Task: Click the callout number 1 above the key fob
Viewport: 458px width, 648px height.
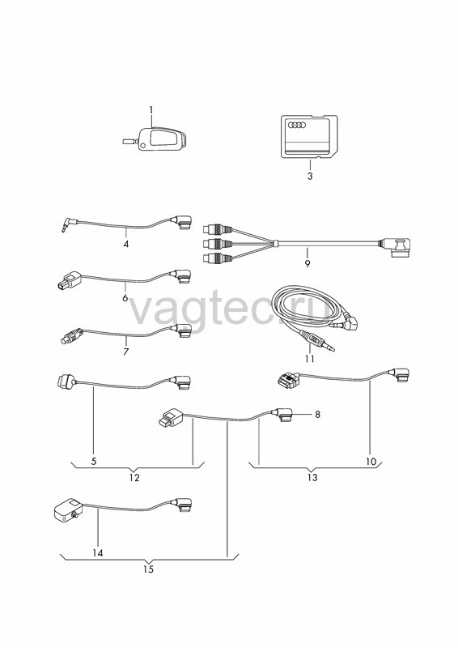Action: [x=151, y=110]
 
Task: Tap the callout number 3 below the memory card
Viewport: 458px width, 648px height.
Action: [x=310, y=176]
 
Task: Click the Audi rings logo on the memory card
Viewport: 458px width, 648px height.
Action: [x=296, y=125]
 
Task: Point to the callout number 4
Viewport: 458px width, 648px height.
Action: [x=126, y=245]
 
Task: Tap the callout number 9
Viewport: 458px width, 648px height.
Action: [x=307, y=264]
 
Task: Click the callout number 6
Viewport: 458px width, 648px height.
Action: [x=125, y=297]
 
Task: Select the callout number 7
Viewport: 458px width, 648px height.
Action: [x=125, y=352]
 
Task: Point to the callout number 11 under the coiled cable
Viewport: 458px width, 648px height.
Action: [x=310, y=359]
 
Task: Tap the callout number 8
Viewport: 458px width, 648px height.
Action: [x=317, y=414]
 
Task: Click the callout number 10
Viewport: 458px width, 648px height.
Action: [x=371, y=462]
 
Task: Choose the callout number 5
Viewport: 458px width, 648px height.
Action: [x=94, y=461]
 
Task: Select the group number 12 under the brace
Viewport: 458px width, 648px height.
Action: [x=134, y=478]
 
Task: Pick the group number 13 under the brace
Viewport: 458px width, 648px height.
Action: [x=312, y=478]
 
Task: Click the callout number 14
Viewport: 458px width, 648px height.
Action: [x=98, y=553]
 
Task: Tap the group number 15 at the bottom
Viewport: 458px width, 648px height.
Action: [x=148, y=569]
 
